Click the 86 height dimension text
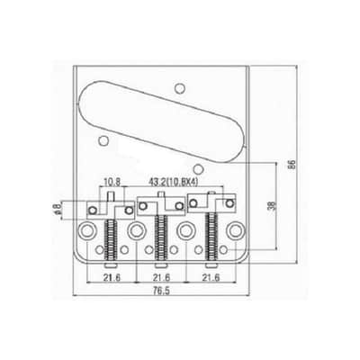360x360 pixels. [292, 164]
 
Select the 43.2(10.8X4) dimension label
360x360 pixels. [174, 181]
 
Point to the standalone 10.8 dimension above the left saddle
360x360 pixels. [112, 181]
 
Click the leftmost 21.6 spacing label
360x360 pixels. [112, 277]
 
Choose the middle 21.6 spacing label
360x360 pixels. [161, 277]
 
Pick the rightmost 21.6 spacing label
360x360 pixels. [211, 277]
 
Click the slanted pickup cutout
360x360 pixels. [162, 121]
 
